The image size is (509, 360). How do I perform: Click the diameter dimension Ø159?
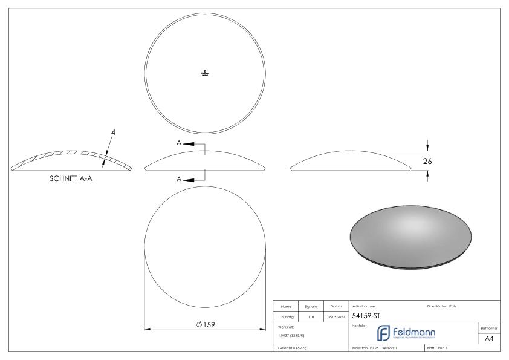(x=205, y=325)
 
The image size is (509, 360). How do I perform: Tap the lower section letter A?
(x=180, y=179)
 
